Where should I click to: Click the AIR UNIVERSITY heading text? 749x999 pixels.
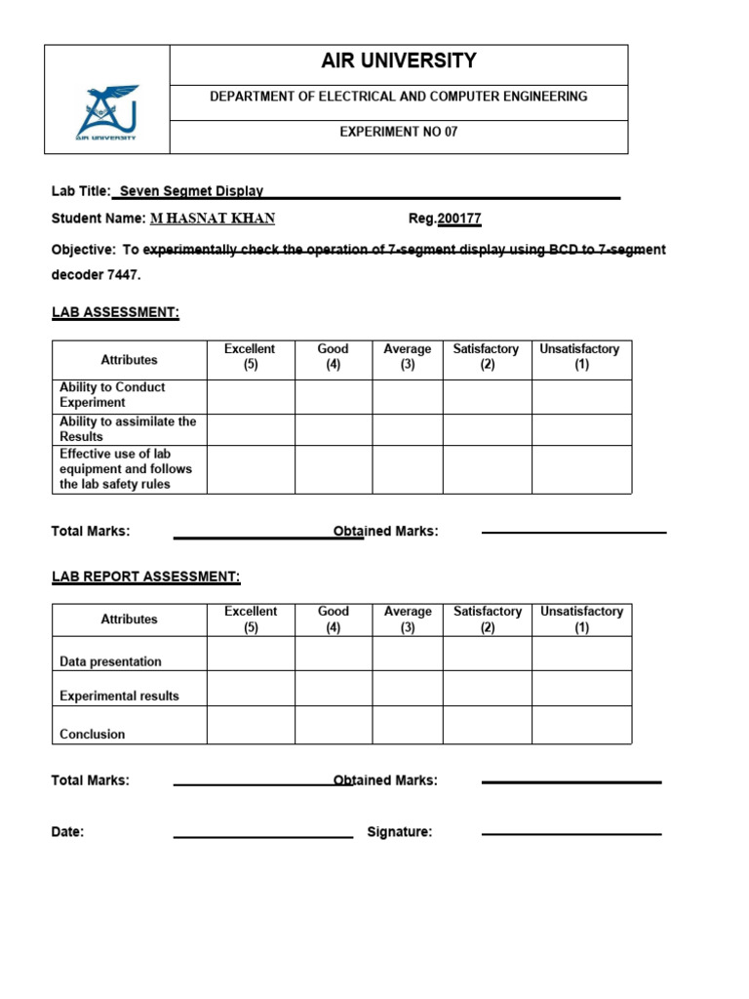point(399,61)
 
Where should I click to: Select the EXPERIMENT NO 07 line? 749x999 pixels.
point(399,132)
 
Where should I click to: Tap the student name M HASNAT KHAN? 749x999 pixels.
point(213,219)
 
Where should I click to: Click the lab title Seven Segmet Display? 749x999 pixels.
point(191,191)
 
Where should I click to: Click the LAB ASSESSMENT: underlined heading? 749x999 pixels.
point(115,312)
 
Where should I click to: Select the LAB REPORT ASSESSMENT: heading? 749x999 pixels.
point(145,577)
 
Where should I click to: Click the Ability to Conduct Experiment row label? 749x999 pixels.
point(112,394)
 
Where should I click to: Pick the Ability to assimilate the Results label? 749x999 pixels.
point(128,429)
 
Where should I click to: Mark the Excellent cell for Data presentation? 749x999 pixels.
point(251,654)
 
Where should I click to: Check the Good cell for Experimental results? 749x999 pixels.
point(334,688)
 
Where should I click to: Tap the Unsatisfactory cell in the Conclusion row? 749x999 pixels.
point(581,725)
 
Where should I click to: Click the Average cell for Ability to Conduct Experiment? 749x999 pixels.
point(408,396)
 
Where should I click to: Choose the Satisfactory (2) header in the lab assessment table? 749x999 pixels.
point(487,357)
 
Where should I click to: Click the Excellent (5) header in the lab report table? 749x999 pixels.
point(251,619)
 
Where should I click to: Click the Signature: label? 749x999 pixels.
point(399,832)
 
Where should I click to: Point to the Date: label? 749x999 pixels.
point(67,832)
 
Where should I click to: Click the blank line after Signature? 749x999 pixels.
point(572,833)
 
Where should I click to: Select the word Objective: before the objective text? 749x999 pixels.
point(83,250)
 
